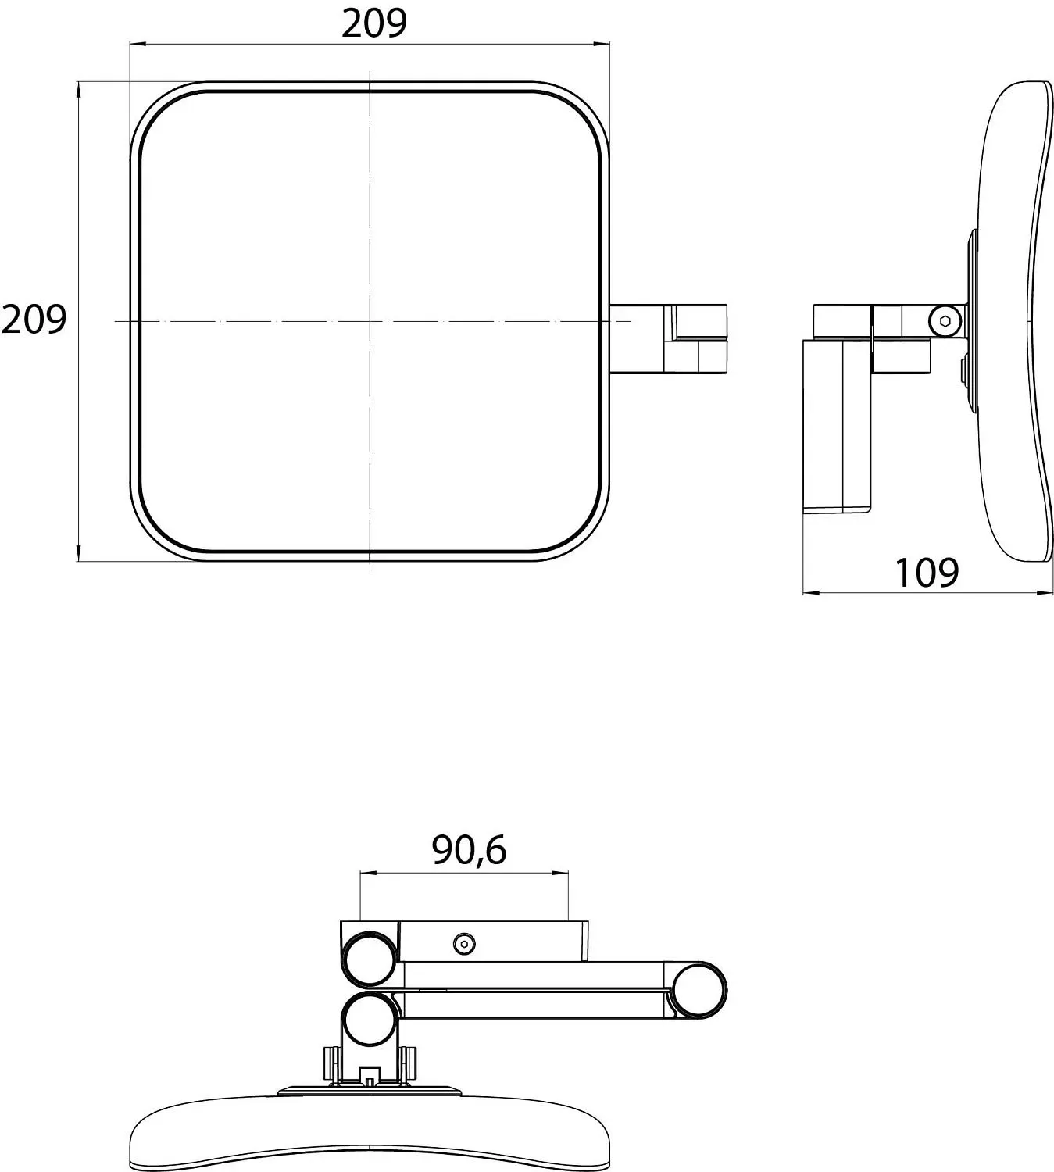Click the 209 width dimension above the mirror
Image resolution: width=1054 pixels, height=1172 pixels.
tap(374, 24)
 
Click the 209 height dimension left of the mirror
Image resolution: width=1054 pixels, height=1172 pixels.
tap(34, 320)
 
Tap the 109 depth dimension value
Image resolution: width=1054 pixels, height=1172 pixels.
tap(927, 573)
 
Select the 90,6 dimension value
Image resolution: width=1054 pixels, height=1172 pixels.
tap(469, 850)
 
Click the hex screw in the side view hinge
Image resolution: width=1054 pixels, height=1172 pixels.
tap(944, 321)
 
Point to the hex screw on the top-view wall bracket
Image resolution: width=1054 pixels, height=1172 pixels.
tap(464, 944)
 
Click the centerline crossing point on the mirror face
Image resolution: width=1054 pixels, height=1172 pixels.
tap(370, 321)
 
